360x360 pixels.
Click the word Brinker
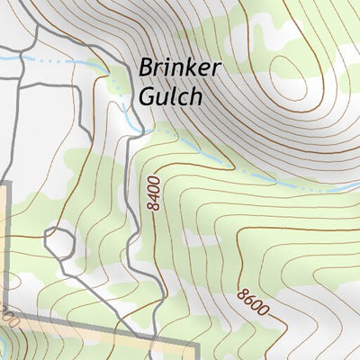(x=179, y=69)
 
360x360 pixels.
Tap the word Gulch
(x=170, y=96)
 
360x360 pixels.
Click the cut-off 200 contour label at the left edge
(x=7, y=316)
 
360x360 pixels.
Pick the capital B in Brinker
(x=146, y=69)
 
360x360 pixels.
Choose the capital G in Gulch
(x=147, y=96)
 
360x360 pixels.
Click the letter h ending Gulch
(x=195, y=96)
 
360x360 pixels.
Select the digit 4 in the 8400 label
(x=155, y=197)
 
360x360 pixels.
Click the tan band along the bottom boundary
(x=90, y=337)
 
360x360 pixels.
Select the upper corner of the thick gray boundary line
(x=5, y=184)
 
